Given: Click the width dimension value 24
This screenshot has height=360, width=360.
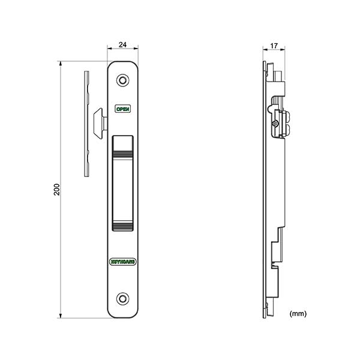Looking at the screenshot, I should [x=122, y=44].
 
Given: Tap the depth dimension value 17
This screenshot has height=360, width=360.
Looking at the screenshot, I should [x=274, y=46].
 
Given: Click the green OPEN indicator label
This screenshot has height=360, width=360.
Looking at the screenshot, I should [x=122, y=109].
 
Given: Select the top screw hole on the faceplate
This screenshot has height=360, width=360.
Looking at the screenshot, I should [x=122, y=80].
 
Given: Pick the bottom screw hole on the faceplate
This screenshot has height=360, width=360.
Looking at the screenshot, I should [x=122, y=298].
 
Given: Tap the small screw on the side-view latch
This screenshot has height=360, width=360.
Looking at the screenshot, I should [x=275, y=124].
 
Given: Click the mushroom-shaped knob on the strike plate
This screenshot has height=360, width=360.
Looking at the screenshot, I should [x=100, y=121].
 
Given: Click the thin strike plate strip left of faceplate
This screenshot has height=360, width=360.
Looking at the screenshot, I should [x=87, y=124].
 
